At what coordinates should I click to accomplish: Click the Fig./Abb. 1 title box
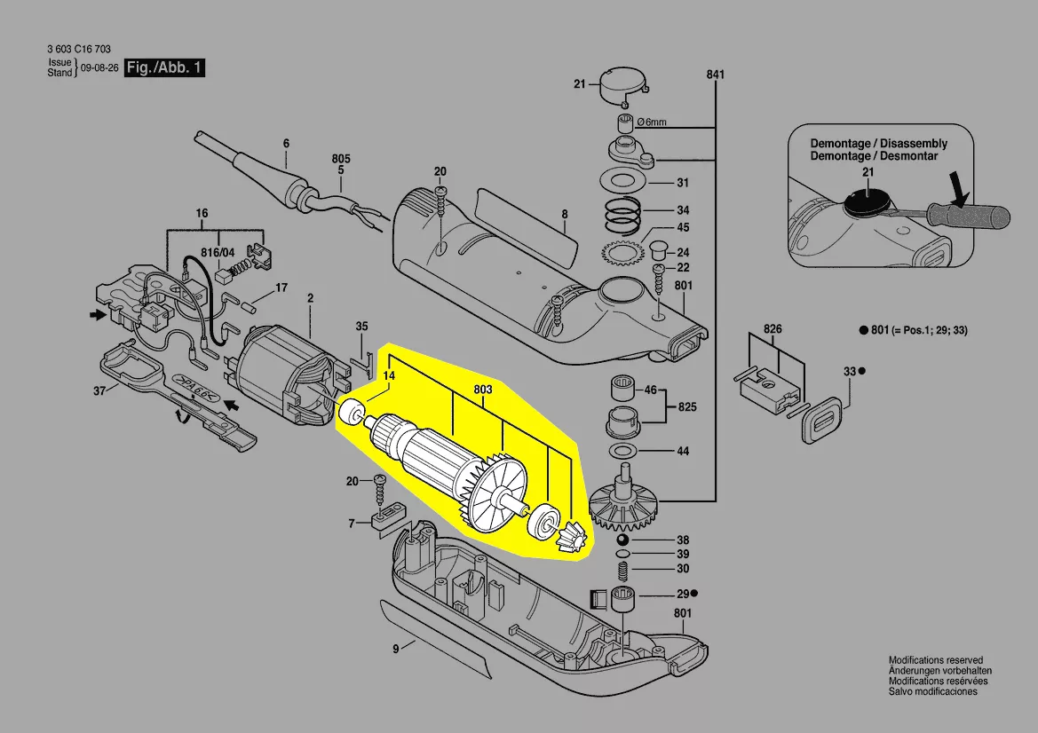pos(165,67)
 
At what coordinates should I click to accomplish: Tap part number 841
pos(716,75)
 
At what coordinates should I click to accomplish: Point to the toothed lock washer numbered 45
pos(622,252)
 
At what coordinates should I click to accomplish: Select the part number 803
pos(483,390)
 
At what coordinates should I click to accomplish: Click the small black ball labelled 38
pos(621,540)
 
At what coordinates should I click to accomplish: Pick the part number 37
pos(99,391)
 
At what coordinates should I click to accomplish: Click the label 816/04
pos(218,253)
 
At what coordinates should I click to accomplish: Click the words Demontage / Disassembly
pos(878,144)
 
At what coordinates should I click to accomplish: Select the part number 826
pos(773,329)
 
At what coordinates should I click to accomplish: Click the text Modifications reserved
pos(935,660)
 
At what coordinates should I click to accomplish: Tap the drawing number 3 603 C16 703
pos(79,49)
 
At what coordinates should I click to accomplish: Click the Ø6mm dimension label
pos(652,122)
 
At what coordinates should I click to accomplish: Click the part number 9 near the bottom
pos(396,649)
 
